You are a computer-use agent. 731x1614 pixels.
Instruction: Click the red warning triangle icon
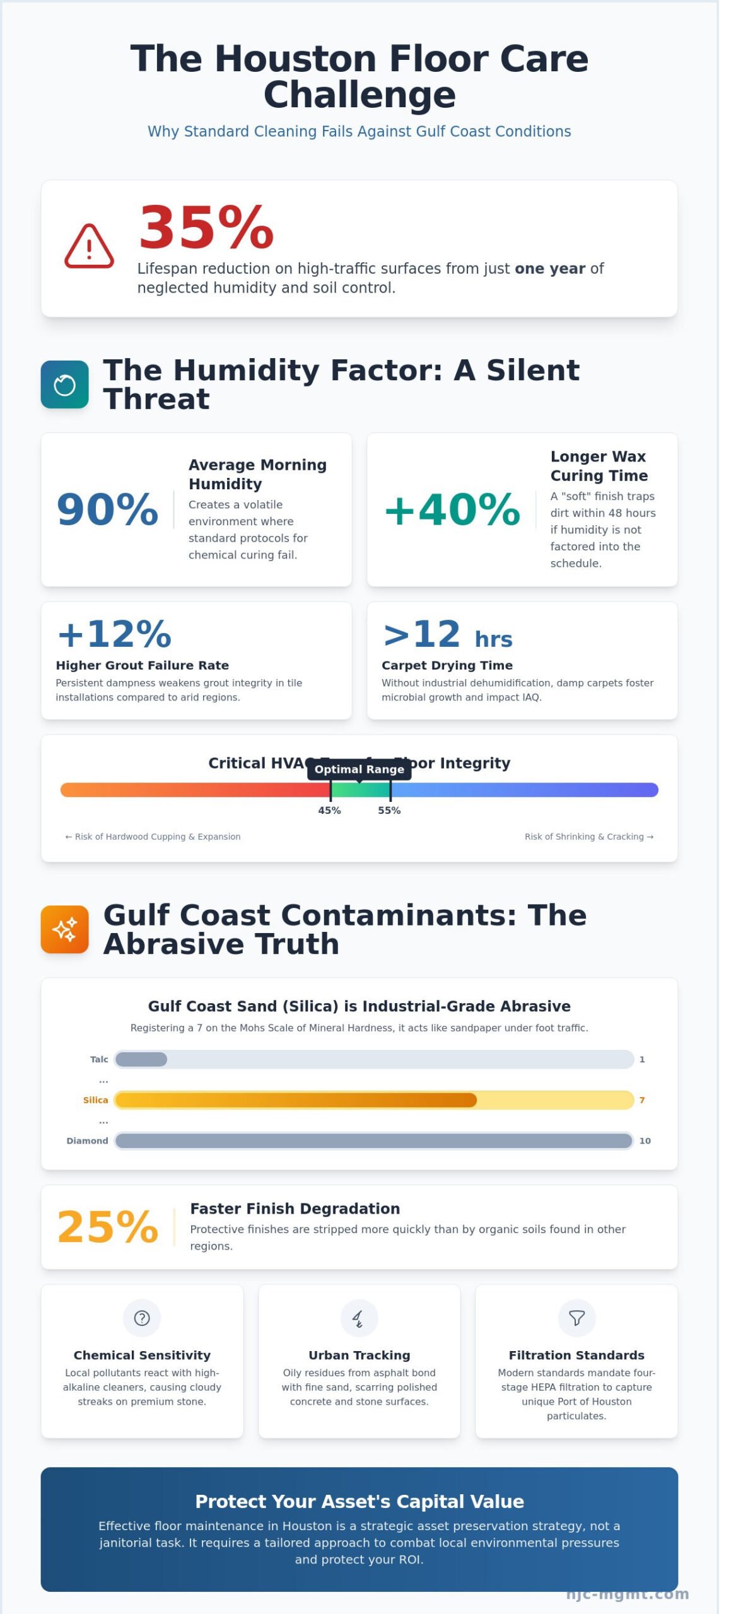point(89,247)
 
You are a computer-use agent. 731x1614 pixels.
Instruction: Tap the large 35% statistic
point(206,228)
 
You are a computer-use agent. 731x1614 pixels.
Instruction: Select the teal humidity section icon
point(65,385)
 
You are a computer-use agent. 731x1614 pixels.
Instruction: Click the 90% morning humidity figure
point(107,509)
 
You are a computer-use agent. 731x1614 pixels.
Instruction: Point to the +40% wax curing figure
point(452,509)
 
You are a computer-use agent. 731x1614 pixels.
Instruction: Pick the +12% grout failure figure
point(114,634)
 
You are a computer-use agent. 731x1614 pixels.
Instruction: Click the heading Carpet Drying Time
point(447,665)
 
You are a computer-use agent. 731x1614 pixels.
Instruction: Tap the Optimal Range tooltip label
point(359,769)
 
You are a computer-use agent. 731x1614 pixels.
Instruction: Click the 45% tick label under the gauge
point(329,810)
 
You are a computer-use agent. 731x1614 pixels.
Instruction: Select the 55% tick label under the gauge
point(389,810)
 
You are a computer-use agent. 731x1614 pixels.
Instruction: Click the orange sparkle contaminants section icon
point(65,929)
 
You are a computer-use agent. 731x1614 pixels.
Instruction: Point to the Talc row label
point(99,1059)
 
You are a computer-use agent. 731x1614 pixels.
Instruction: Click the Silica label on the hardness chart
point(95,1100)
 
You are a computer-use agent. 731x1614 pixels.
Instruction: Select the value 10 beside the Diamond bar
point(645,1141)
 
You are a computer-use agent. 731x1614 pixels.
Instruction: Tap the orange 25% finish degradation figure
point(107,1227)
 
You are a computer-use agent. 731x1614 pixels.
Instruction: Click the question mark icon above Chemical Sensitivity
point(142,1318)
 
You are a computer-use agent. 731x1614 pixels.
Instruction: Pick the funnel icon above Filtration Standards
point(576,1318)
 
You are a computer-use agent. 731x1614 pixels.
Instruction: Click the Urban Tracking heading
point(359,1355)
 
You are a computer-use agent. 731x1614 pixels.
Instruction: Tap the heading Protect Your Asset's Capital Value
point(359,1501)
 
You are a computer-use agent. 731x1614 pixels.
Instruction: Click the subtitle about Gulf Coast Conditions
point(359,131)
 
